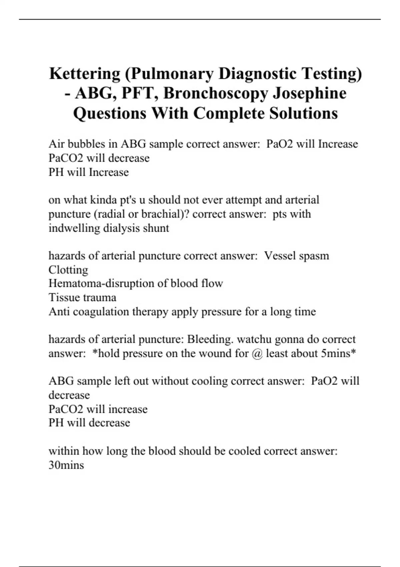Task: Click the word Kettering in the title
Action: (85, 74)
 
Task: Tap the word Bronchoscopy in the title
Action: (216, 93)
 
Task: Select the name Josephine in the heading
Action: (310, 93)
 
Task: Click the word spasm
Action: (314, 256)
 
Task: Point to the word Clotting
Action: (68, 269)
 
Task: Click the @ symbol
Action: (257, 353)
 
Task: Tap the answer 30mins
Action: (66, 465)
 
